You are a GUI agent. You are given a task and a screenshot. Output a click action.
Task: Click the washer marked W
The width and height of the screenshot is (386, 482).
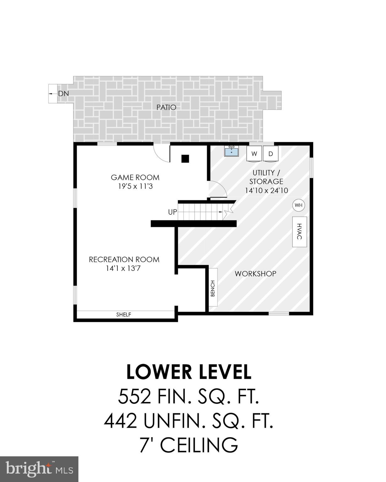point(254,154)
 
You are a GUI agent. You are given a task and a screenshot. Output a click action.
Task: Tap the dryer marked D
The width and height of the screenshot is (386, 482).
point(271,154)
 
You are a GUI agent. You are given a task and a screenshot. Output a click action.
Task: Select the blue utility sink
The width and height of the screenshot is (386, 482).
point(232,151)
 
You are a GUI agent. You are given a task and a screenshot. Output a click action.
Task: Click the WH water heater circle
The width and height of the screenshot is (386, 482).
point(298,206)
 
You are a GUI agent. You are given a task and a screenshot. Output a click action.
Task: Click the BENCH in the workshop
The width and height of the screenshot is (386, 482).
point(213,287)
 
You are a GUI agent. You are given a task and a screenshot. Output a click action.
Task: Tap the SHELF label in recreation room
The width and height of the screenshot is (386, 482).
point(124,314)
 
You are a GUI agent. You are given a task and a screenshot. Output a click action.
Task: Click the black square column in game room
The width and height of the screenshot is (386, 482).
point(185,159)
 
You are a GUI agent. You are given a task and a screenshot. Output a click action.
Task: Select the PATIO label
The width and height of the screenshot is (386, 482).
point(166,107)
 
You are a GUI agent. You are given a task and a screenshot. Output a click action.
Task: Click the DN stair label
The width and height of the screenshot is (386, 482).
point(63,94)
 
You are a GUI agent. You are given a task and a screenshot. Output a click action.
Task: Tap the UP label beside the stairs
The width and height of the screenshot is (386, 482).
point(172,212)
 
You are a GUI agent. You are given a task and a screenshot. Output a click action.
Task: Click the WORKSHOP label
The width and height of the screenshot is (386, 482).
point(255,274)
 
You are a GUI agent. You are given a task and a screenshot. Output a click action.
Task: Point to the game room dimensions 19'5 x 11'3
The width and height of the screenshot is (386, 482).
point(135,186)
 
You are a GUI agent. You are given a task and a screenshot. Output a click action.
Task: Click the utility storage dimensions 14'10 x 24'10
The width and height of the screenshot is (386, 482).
point(266,190)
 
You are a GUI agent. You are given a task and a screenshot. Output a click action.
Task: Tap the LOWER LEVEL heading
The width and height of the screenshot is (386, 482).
point(189,372)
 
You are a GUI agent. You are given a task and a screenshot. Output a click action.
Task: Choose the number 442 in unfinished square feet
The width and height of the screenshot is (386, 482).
point(121,421)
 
